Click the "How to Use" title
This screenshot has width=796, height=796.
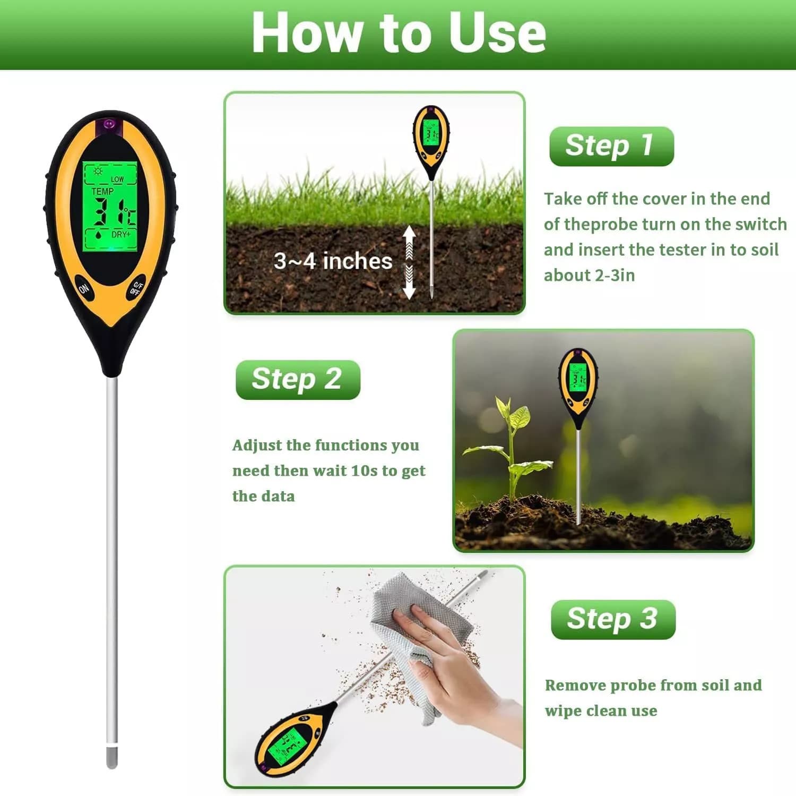[x=399, y=33]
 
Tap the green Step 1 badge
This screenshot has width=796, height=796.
[x=611, y=146]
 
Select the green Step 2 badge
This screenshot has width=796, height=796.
[x=298, y=380]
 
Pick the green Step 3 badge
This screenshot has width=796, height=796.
[x=613, y=619]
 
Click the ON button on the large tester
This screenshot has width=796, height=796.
[x=84, y=288]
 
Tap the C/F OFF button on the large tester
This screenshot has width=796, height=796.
[x=136, y=288]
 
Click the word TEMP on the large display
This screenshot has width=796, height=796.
[x=102, y=191]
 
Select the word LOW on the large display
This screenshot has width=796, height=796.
[x=117, y=179]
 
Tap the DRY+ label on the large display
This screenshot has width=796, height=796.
[x=121, y=234]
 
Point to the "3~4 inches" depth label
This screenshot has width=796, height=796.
[x=333, y=261]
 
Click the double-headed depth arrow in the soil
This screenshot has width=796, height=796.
[x=409, y=262]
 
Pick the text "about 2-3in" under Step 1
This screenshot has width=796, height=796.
[x=589, y=276]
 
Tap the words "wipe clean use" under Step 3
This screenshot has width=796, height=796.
[x=601, y=711]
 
